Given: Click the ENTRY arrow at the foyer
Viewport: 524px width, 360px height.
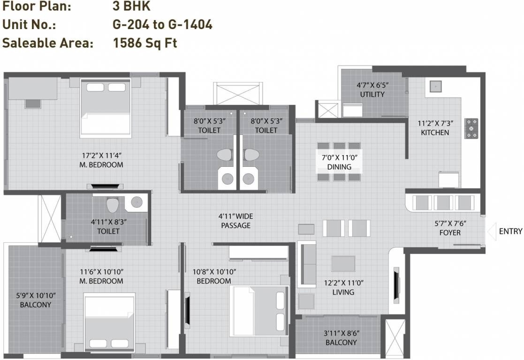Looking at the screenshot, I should [491, 232].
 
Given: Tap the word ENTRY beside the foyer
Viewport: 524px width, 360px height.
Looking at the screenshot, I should [510, 232].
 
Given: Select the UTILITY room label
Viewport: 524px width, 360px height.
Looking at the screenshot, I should [372, 94].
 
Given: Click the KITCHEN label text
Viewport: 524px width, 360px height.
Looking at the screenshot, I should [434, 133].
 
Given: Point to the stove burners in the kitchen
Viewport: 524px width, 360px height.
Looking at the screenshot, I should [471, 128].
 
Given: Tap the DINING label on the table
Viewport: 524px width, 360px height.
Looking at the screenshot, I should [339, 167].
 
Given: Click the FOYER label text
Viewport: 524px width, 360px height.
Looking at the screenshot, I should [450, 232].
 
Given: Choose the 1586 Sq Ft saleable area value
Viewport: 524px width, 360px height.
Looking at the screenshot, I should [144, 44].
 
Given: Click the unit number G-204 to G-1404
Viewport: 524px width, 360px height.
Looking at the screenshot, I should [162, 24].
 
